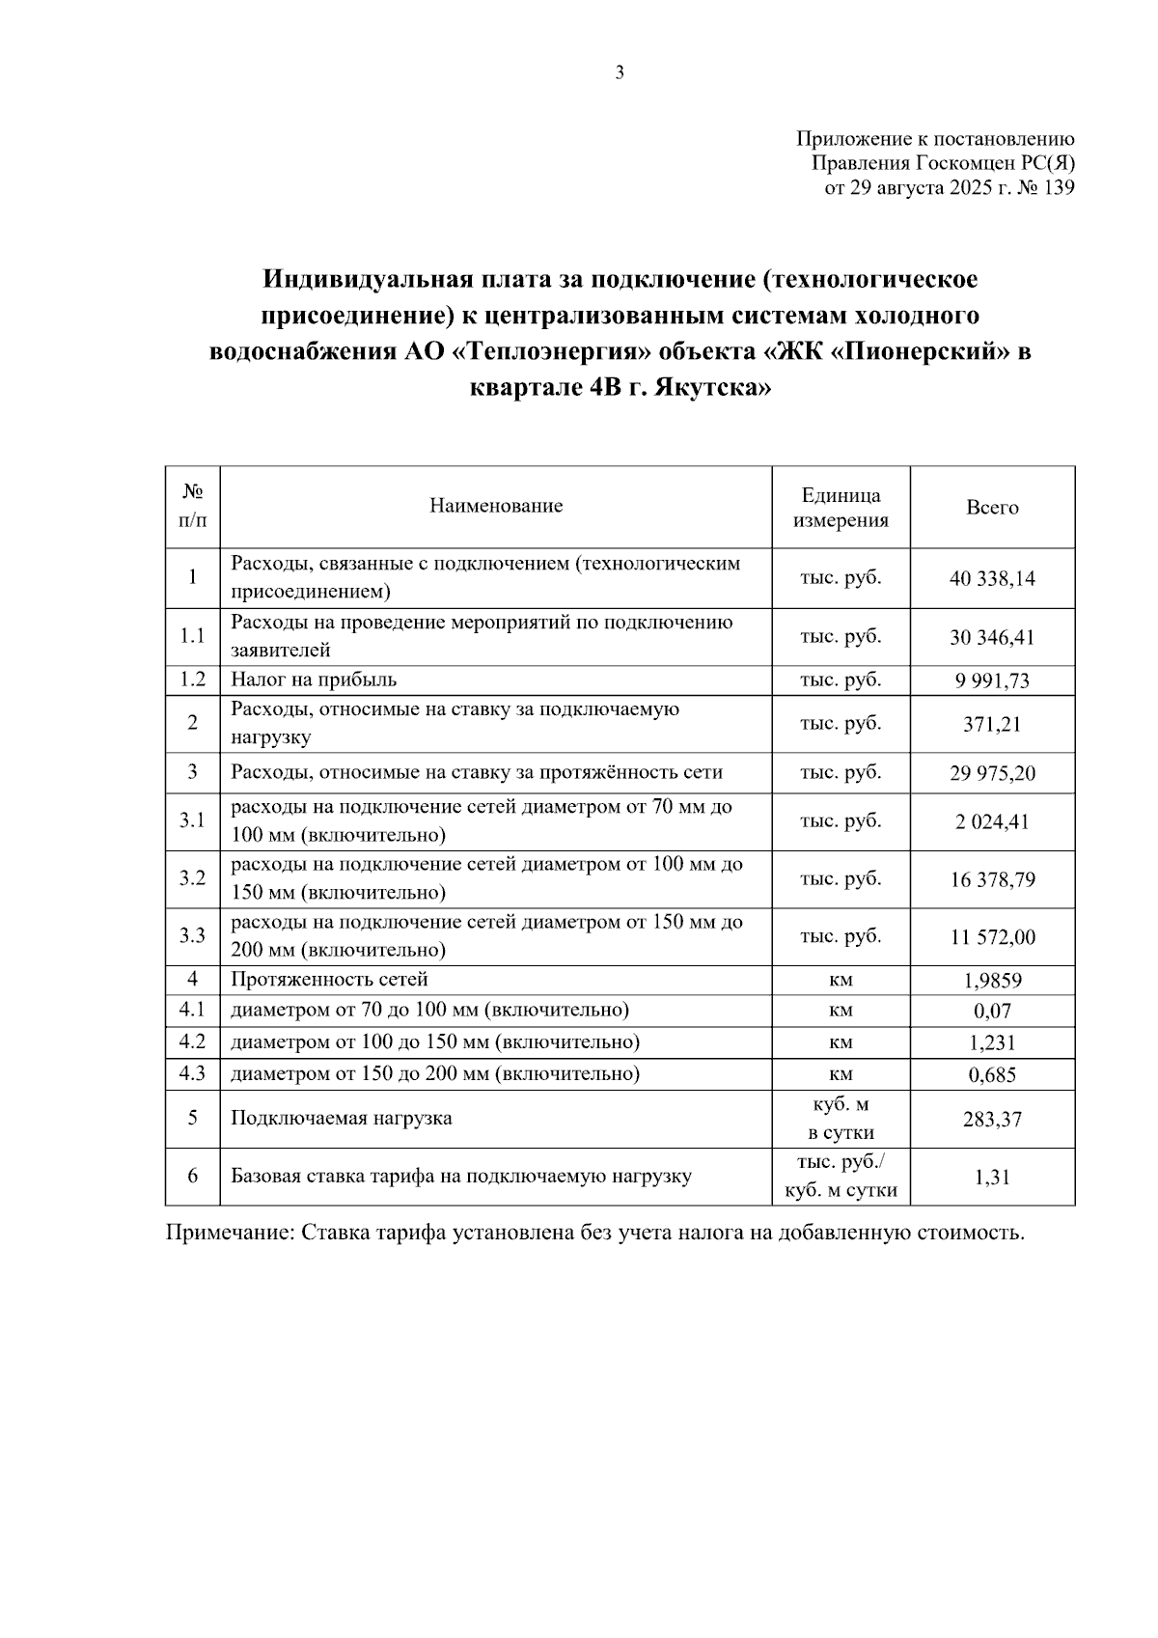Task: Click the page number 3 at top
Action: (x=620, y=72)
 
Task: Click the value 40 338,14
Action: (x=992, y=579)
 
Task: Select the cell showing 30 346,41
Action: (x=992, y=638)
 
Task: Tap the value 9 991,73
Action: (x=992, y=680)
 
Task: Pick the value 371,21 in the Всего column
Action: (x=992, y=725)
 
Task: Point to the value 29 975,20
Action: (x=992, y=774)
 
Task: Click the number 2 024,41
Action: (x=992, y=822)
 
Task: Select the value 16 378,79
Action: (x=992, y=880)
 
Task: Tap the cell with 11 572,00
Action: (x=992, y=937)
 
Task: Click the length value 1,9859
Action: (x=992, y=982)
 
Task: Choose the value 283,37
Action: (x=992, y=1120)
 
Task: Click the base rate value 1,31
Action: (x=992, y=1178)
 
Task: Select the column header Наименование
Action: (x=496, y=507)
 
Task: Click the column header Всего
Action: (x=992, y=508)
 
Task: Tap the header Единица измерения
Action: (x=841, y=508)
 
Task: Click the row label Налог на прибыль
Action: (x=314, y=680)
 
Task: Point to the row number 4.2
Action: (x=192, y=1042)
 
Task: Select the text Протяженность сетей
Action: (x=329, y=981)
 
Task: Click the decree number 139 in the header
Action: (x=1058, y=189)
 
